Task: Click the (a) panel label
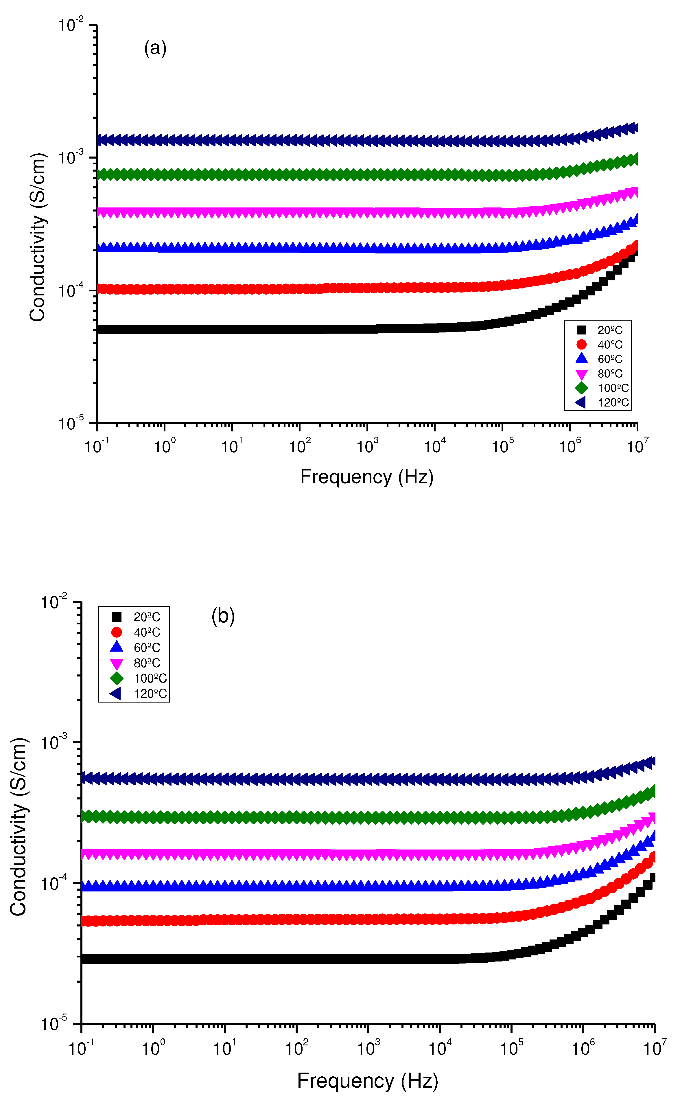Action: coord(155,48)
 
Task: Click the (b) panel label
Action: coord(223,616)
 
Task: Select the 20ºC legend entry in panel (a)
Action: coord(609,330)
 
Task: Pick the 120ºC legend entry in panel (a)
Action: coord(613,402)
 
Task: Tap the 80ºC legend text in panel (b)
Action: coord(147,663)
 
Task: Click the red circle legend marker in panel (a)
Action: coord(581,345)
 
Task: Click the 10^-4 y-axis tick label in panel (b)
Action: coord(54,883)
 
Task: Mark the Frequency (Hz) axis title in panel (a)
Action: coord(367,477)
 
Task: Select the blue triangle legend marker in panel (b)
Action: coord(117,647)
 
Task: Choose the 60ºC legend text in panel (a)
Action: coord(609,359)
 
